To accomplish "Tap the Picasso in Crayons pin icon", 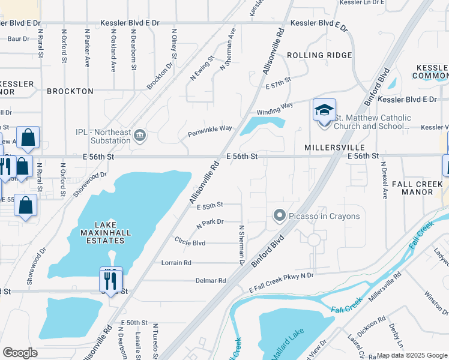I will point(279,215).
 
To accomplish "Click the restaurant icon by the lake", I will point(110,279).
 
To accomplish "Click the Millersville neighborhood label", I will point(334,147).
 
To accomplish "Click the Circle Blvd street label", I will point(190,243).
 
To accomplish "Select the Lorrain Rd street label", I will point(176,263).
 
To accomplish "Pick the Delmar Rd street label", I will point(210,280).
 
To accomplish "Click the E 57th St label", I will point(278,80).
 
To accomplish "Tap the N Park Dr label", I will point(209,223).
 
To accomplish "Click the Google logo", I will point(20,353).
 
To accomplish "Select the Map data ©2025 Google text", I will point(411,355).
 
